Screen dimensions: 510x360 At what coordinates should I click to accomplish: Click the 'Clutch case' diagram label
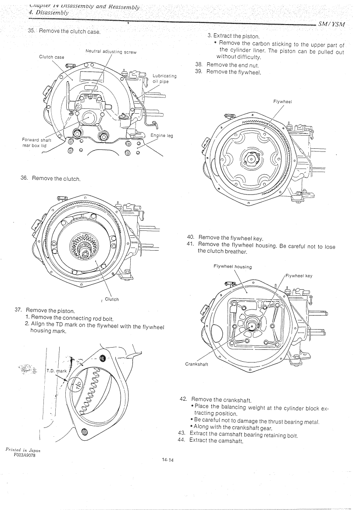pos(51,57)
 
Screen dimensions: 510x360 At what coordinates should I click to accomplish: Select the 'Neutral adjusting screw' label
pos(111,52)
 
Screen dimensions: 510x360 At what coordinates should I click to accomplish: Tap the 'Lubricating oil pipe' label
pos(164,79)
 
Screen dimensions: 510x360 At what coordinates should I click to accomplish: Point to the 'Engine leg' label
pos(162,136)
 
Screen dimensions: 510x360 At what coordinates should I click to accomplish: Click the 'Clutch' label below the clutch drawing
pos(112,299)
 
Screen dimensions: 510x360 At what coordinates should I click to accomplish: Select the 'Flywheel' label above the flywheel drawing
pos(282,101)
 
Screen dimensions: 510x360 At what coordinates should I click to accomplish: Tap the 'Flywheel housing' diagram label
pos(232,266)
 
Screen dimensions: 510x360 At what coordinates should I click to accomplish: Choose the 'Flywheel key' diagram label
pos(299,276)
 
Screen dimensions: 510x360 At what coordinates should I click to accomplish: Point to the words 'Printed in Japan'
pos(23,449)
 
